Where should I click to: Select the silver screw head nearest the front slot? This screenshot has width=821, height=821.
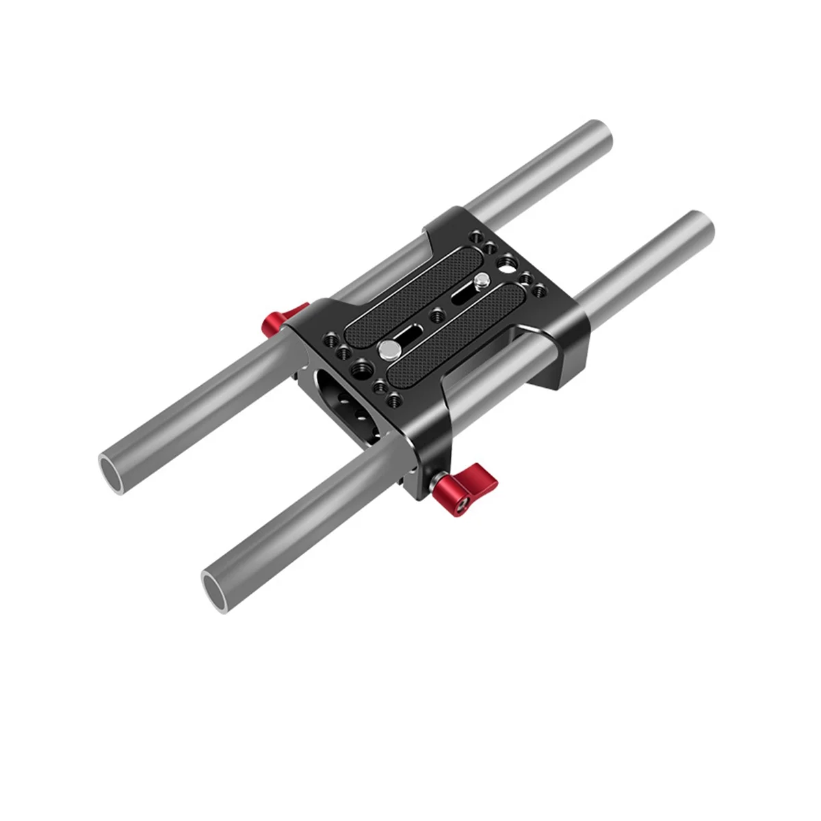point(388,350)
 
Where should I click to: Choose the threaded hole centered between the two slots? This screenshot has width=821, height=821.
point(436,315)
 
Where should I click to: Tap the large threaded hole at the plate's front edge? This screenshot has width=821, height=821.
point(358,370)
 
